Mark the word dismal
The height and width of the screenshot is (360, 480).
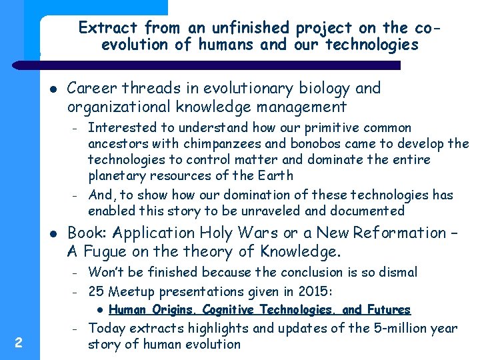coord(396,272)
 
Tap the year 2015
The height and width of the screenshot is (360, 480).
coord(315,291)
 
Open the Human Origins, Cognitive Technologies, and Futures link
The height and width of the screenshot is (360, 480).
coord(259,310)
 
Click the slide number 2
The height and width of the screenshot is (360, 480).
coord(19,343)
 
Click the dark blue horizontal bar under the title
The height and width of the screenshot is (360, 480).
coord(220,65)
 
